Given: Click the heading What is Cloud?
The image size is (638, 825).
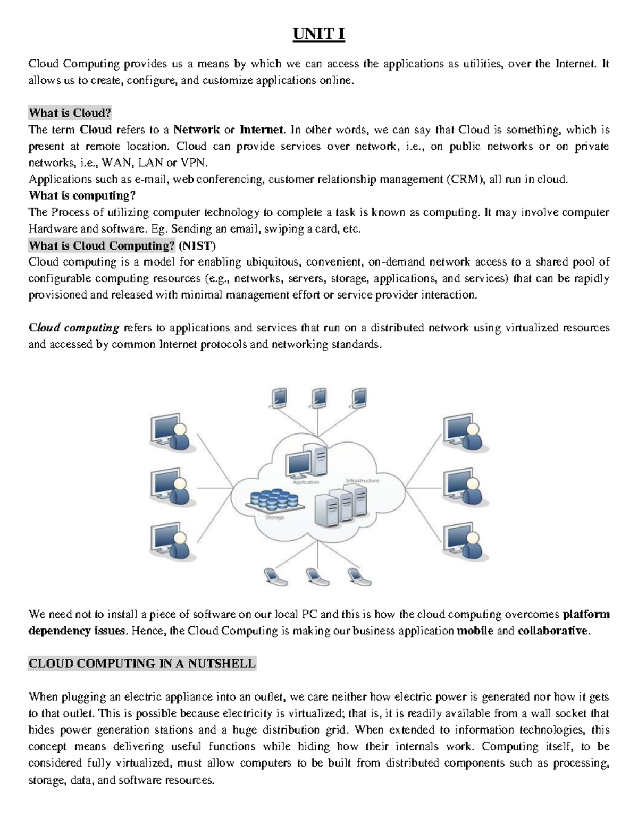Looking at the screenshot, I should tap(70, 113).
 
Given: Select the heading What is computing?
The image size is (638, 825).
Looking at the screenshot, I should tap(82, 195).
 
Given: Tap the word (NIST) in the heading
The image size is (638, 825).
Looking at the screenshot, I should tap(197, 245).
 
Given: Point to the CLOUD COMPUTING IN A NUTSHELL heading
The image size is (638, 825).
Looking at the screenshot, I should tap(142, 664).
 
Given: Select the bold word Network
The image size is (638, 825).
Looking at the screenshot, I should tap(197, 130).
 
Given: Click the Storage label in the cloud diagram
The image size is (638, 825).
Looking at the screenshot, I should tap(275, 517).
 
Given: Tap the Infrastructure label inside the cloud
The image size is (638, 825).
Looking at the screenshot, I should tap(362, 481).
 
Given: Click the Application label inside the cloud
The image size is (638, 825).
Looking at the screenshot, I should tap(306, 482).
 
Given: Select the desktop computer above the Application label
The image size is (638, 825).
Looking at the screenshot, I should tap(306, 461).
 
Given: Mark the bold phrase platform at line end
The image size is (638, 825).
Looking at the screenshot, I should tap(586, 615).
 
